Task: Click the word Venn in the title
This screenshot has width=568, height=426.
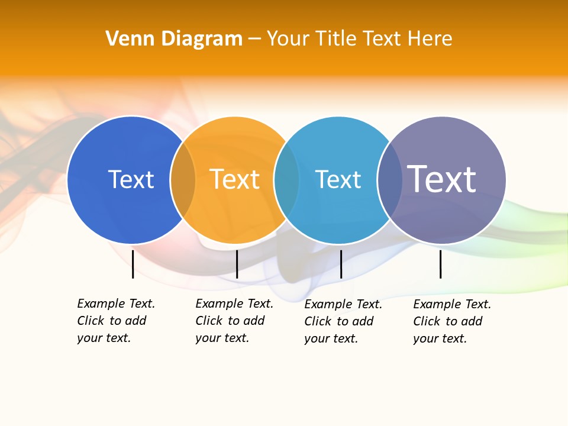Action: pyautogui.click(x=124, y=38)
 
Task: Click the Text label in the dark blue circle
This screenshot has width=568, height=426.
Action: pyautogui.click(x=131, y=179)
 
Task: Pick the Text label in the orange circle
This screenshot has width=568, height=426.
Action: pyautogui.click(x=234, y=179)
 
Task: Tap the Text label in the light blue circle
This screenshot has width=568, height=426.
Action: pyautogui.click(x=338, y=179)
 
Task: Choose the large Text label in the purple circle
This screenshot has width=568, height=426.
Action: pyautogui.click(x=441, y=179)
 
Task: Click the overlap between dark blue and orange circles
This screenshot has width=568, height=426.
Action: pyautogui.click(x=183, y=180)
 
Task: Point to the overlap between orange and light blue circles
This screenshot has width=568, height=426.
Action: pyautogui.click(x=286, y=180)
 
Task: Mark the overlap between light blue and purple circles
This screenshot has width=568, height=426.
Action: pyautogui.click(x=389, y=180)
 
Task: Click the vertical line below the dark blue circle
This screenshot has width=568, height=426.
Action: pyautogui.click(x=133, y=264)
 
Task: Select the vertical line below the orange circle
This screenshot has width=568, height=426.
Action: pyautogui.click(x=237, y=264)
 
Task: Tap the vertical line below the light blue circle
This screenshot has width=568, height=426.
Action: pyautogui.click(x=341, y=264)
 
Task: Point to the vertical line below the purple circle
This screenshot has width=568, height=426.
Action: pyautogui.click(x=440, y=264)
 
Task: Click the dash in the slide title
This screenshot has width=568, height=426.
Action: pyautogui.click(x=254, y=39)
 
